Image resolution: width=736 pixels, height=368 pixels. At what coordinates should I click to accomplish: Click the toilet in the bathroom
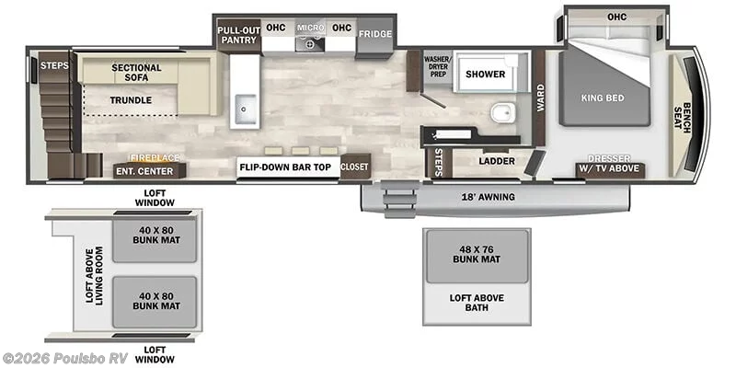503,112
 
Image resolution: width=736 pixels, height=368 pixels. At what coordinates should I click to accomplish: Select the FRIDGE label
375,34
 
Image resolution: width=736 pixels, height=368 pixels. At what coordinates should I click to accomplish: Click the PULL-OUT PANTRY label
239,35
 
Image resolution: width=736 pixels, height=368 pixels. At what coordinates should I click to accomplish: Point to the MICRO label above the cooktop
310,29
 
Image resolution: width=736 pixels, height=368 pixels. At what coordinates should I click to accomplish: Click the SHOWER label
486,75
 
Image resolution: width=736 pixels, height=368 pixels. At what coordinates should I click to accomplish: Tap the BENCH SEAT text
683,118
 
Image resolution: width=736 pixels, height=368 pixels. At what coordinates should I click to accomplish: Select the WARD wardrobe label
540,98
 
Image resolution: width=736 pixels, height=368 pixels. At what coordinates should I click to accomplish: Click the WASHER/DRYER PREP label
437,66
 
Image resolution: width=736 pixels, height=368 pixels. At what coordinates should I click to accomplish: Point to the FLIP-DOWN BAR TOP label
285,167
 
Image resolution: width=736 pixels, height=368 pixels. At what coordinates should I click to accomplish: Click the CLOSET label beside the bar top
355,167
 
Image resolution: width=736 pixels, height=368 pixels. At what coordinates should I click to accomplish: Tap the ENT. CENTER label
149,171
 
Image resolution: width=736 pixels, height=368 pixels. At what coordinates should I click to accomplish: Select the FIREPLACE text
154,158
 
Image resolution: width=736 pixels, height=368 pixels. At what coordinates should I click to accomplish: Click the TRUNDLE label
131,100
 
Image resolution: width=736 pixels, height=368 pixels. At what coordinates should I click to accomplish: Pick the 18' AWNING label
489,197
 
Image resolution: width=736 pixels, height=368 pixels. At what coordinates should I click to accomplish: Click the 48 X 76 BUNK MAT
477,255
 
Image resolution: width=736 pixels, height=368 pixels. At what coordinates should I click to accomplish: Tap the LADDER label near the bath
497,161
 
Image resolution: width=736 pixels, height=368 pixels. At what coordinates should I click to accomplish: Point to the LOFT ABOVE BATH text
477,303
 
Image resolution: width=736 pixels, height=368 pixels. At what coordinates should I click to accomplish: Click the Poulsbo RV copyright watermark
64,359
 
